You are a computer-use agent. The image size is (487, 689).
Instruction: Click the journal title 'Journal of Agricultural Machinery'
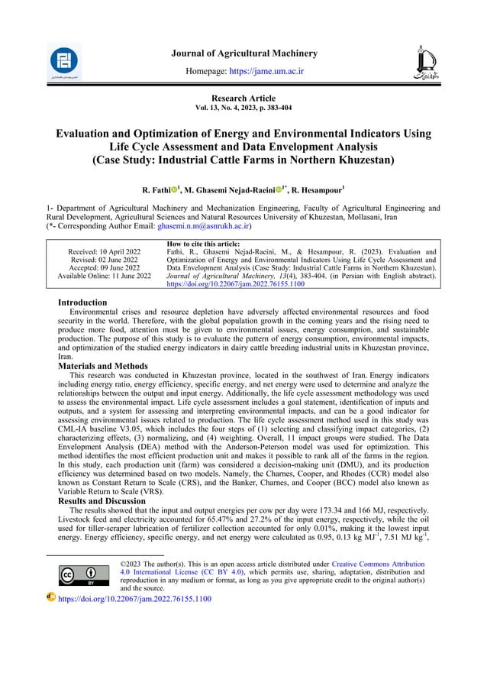point(243,53)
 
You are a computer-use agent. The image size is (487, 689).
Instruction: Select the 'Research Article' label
point(243,99)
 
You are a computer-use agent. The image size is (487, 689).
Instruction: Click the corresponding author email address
point(204,227)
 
